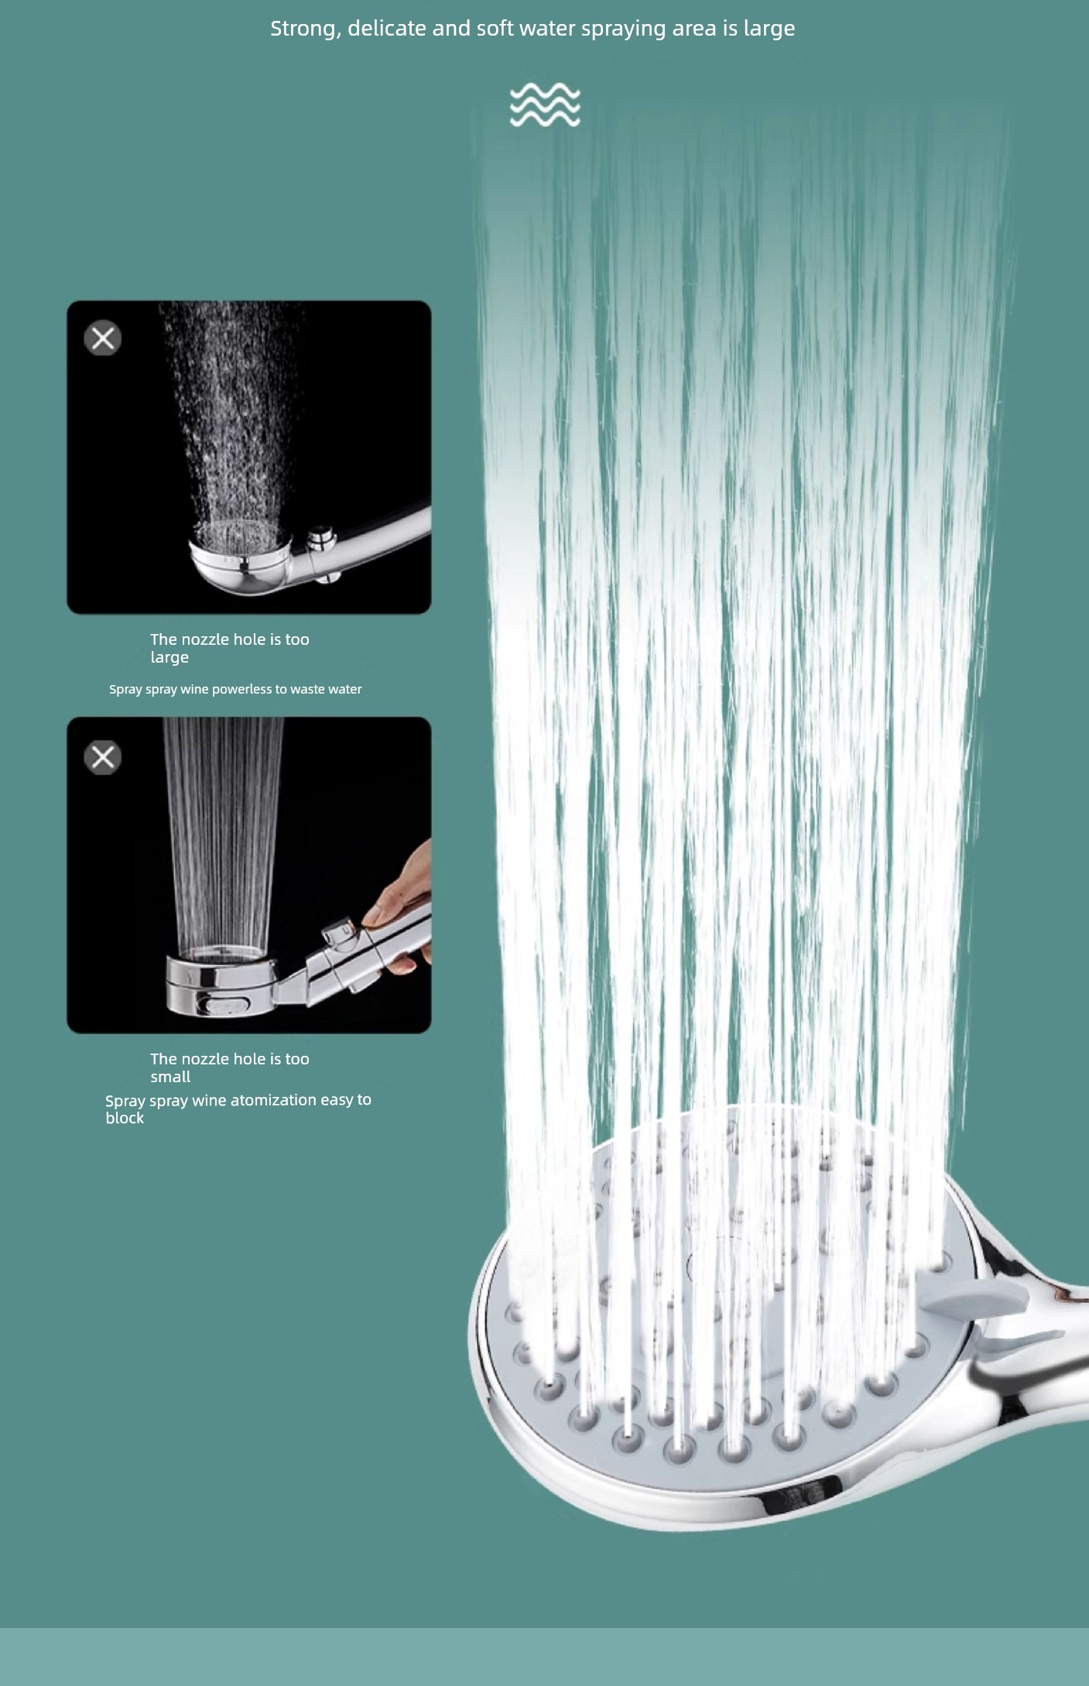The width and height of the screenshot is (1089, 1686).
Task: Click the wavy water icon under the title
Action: click(x=545, y=105)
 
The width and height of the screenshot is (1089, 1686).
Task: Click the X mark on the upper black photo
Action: click(x=103, y=338)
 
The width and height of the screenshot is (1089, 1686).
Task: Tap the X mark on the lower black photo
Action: click(x=103, y=757)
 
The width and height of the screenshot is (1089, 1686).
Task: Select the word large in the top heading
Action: click(x=769, y=29)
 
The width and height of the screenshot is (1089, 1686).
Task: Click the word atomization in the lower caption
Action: click(x=274, y=1099)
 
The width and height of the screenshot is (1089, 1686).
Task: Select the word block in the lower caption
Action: click(x=125, y=1118)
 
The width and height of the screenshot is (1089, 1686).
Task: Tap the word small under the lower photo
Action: click(x=170, y=1077)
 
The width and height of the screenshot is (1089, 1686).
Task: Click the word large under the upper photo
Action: click(x=170, y=658)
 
